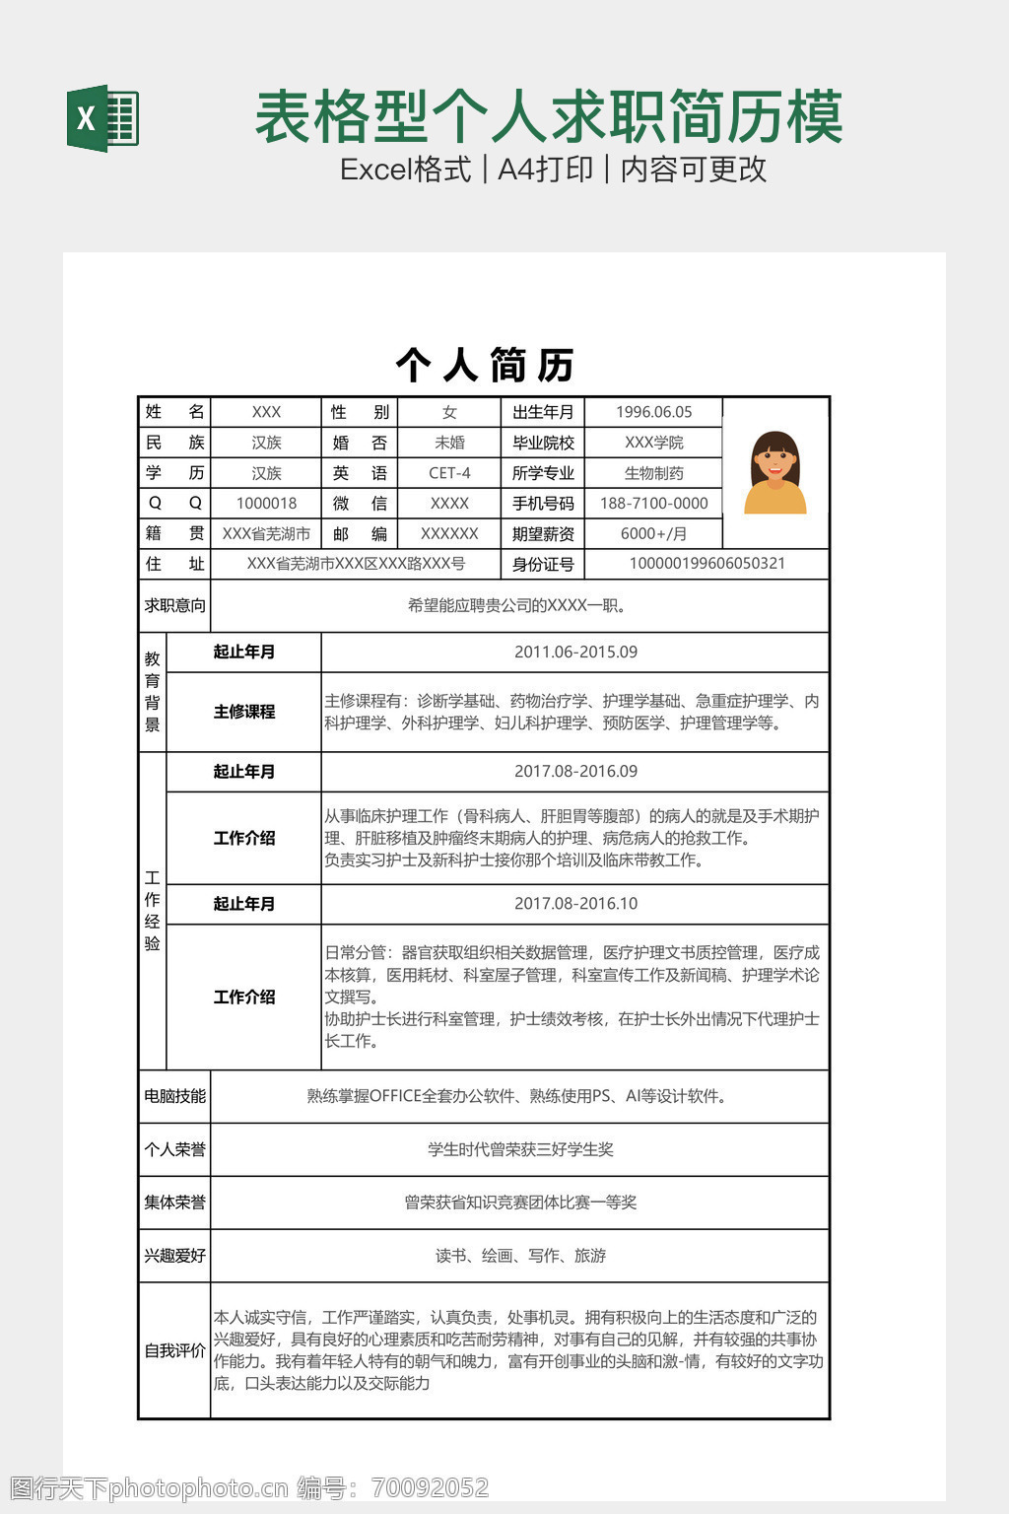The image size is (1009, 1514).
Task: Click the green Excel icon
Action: pos(102,118)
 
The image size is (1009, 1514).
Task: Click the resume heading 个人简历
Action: pos(485,366)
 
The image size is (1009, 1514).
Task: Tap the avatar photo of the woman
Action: pos(775,473)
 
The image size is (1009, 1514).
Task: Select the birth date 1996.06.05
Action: pos(653,412)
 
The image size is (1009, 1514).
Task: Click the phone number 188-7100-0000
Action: pos(653,503)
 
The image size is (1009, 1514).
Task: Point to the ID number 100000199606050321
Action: pos(706,564)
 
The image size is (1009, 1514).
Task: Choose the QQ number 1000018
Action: pos(266,503)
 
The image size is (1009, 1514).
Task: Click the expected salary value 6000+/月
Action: pos(653,533)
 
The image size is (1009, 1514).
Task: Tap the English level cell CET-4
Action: pos(449,473)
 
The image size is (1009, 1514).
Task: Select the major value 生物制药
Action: pos(653,473)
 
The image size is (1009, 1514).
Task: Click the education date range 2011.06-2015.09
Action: pos(575,652)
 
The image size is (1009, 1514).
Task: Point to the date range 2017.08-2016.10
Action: pos(575,903)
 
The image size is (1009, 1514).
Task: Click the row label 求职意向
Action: pos(174,605)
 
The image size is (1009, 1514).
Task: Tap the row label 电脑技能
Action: pos(174,1096)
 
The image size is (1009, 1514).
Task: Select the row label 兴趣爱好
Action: pos(174,1256)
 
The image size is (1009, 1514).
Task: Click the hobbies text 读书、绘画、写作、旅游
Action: pos(520,1256)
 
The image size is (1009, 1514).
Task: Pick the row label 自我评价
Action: pos(174,1350)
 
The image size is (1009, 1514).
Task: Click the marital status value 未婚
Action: pos(449,443)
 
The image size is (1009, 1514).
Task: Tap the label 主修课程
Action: pos(243,712)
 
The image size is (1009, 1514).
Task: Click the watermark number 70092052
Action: pos(430,1487)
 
